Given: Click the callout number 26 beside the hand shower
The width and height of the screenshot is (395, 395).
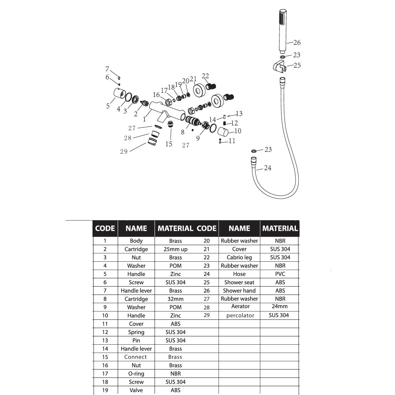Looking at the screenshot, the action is point(297,43).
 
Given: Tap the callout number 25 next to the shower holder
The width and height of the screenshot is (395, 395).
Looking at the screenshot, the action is point(297,66).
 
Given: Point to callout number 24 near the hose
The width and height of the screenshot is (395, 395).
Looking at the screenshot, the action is point(268,168).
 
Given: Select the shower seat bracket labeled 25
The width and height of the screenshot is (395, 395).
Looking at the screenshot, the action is point(279,66).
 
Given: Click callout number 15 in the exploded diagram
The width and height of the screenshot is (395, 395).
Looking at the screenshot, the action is point(169,144).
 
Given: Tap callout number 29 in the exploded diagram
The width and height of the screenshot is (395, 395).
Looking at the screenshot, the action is point(124,151).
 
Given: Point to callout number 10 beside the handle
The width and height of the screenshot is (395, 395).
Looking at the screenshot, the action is point(238,131).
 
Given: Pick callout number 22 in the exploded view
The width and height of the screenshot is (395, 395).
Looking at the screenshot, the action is point(205,76).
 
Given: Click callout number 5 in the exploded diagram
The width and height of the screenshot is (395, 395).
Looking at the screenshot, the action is point(108,106).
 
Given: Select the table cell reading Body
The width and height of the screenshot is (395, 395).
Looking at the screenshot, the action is point(136,241).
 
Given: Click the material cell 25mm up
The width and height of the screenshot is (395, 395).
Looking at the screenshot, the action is point(175,249).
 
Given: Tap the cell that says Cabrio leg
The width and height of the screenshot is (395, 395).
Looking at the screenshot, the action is point(239,257).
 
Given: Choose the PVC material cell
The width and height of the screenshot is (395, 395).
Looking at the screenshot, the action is point(280,274).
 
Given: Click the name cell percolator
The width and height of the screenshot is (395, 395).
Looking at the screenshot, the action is point(240,315).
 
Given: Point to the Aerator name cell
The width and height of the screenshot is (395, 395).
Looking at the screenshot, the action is point(240,306).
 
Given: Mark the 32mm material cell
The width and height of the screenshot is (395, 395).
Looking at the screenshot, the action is point(175,299).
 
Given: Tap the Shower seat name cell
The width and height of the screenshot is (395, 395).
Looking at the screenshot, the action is point(239,282).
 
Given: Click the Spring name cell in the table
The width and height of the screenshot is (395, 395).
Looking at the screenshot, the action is point(136,332).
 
